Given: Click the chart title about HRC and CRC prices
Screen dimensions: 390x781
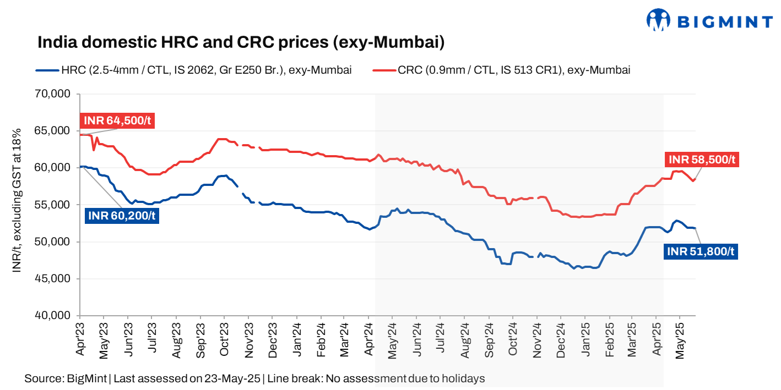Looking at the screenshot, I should pyautogui.click(x=241, y=42).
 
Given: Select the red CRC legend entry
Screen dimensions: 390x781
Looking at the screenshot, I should pyautogui.click(x=502, y=70).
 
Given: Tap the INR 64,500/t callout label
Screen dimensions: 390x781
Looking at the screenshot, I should pyautogui.click(x=117, y=121).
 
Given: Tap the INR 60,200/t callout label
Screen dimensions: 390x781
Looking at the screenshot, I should pyautogui.click(x=121, y=216).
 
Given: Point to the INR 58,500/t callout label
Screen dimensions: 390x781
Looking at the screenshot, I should pyautogui.click(x=701, y=160).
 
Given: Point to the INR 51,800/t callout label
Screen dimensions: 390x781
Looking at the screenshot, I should pyautogui.click(x=701, y=251).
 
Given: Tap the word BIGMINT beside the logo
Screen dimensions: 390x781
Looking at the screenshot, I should pyautogui.click(x=724, y=22).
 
